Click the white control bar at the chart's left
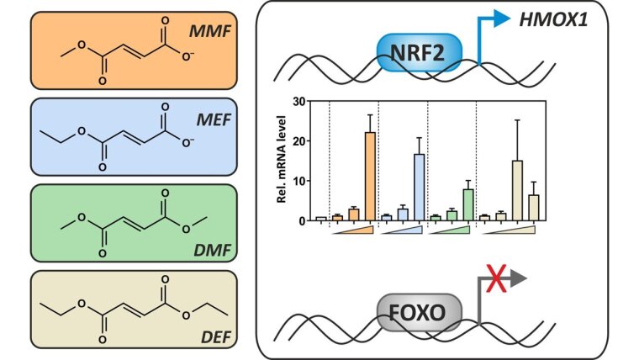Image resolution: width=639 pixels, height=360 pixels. tap(321, 219)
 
